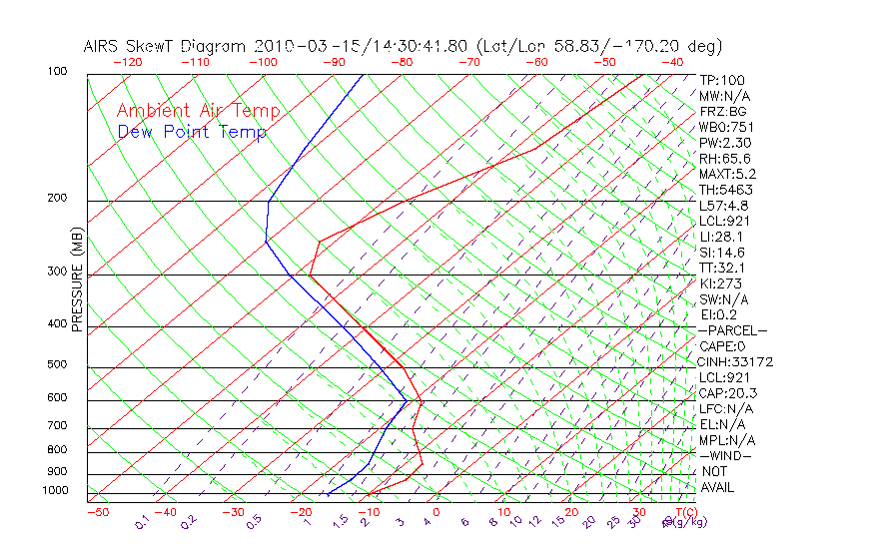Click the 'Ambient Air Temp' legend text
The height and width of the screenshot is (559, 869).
199,111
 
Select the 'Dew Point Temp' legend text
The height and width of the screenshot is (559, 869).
192,132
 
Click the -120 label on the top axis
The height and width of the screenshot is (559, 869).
128,62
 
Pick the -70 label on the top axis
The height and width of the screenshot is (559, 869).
468,62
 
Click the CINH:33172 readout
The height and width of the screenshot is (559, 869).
736,361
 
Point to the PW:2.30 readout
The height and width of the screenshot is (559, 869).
725,143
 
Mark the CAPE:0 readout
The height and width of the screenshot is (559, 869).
722,346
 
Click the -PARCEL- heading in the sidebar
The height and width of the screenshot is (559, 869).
732,330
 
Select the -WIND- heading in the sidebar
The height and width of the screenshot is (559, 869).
725,455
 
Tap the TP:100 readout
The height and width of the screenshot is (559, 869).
722,80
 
